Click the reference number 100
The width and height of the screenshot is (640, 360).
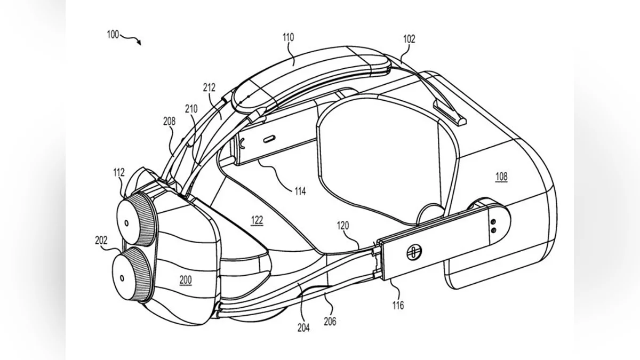click(113, 35)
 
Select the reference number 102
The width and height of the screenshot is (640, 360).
click(409, 39)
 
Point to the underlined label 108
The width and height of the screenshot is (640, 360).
click(501, 176)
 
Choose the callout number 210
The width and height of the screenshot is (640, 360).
click(191, 109)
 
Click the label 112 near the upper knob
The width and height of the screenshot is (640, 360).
click(119, 172)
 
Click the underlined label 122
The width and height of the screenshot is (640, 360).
click(257, 219)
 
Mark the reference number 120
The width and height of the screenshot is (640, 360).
click(343, 226)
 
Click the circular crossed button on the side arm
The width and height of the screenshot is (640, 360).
click(414, 252)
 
